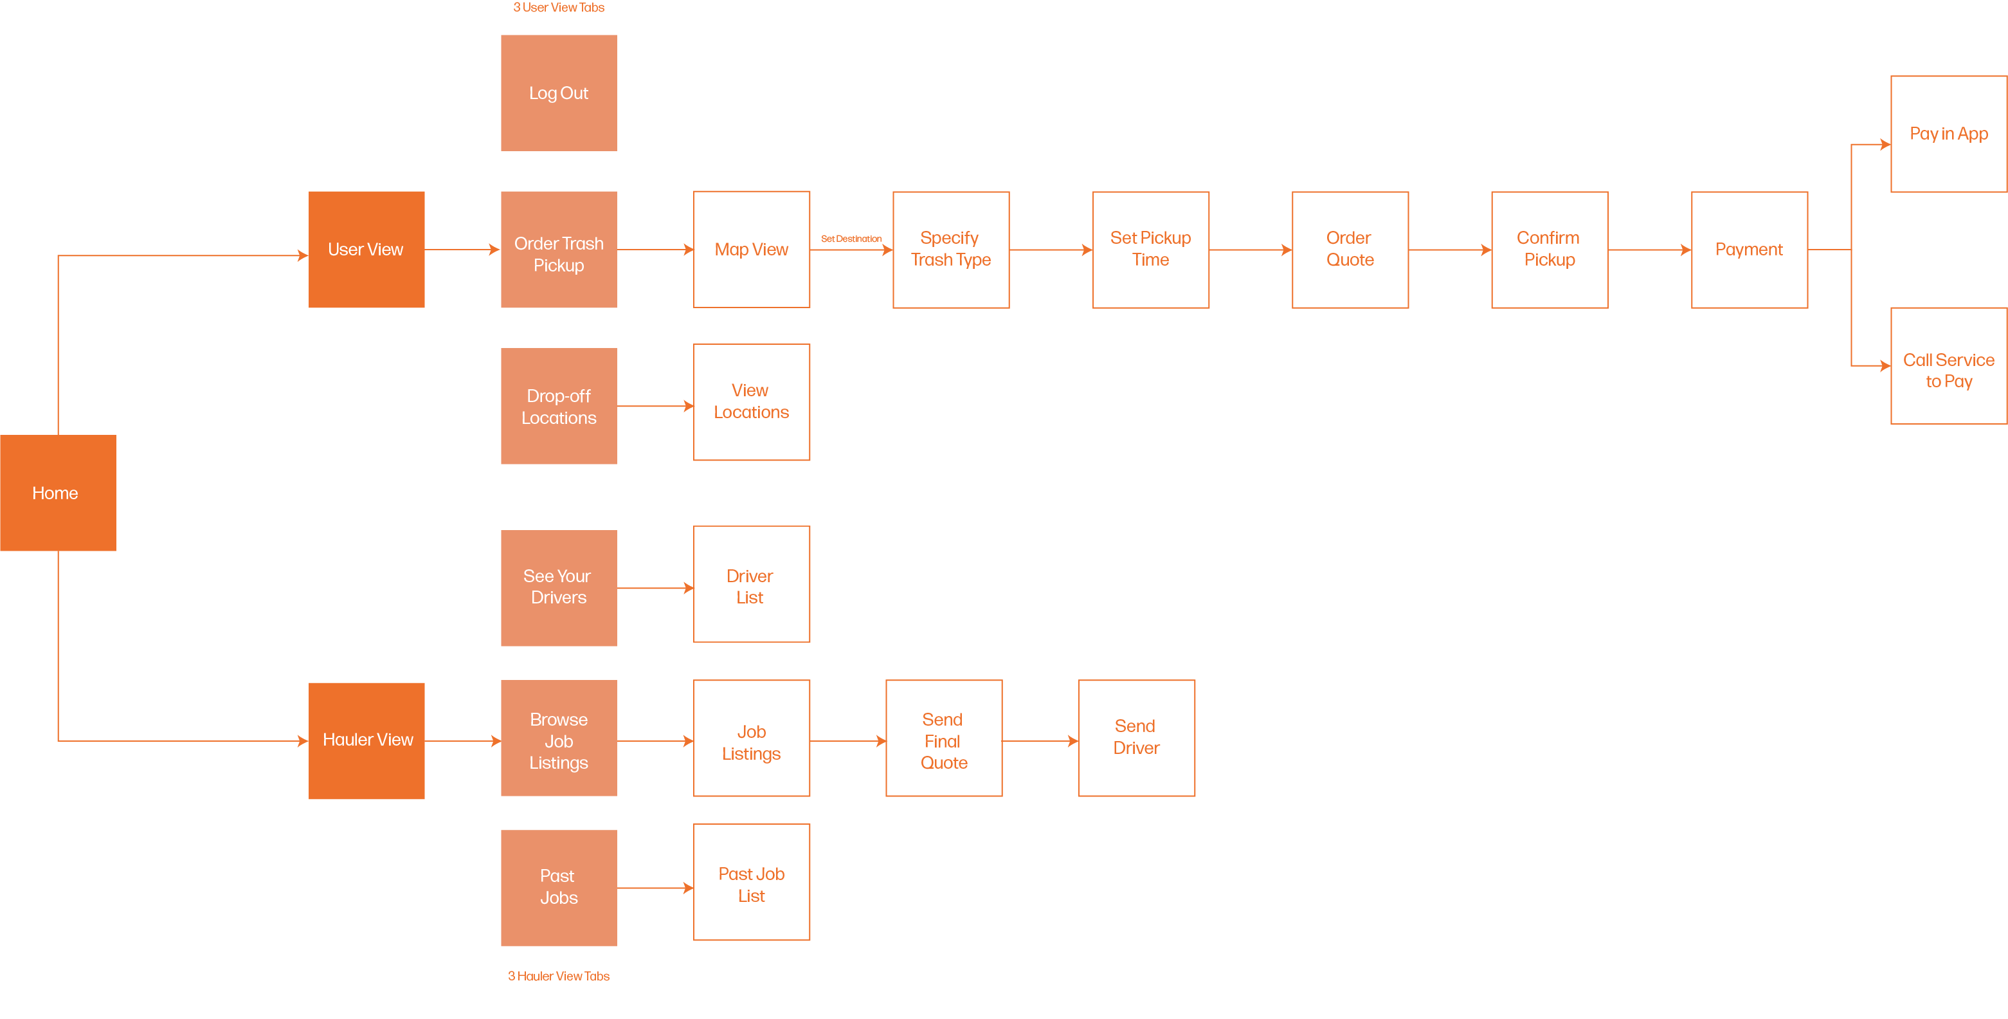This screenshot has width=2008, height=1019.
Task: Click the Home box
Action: pyautogui.click(x=58, y=493)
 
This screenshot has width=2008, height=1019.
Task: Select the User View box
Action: pyautogui.click(x=366, y=250)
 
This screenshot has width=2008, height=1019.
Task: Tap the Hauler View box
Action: pyautogui.click(x=366, y=740)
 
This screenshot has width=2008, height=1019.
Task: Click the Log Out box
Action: pyautogui.click(x=558, y=93)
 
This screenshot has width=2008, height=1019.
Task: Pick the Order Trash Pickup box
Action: pyautogui.click(x=558, y=250)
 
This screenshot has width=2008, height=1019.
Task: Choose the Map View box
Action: pyautogui.click(x=752, y=250)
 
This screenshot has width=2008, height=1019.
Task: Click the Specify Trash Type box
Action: pyautogui.click(x=950, y=250)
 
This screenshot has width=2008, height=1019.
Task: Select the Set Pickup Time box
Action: pyautogui.click(x=1150, y=250)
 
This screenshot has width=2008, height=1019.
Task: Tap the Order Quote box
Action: pyautogui.click(x=1350, y=250)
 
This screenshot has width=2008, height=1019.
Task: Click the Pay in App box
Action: pyautogui.click(x=1948, y=134)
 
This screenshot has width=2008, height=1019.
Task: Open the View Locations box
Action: pyautogui.click(x=752, y=401)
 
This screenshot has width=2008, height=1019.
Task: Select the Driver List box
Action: pyautogui.click(x=752, y=584)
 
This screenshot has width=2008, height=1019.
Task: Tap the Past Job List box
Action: pyautogui.click(x=752, y=882)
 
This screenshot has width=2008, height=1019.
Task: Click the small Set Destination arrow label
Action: pyautogui.click(x=851, y=239)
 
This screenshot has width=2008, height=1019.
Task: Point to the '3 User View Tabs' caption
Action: pyautogui.click(x=558, y=8)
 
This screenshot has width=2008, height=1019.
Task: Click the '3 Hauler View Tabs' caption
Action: pyautogui.click(x=558, y=976)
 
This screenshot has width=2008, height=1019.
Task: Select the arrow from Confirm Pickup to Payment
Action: pyautogui.click(x=1649, y=250)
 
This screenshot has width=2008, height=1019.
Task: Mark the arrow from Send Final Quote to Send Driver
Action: pyautogui.click(x=1040, y=740)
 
